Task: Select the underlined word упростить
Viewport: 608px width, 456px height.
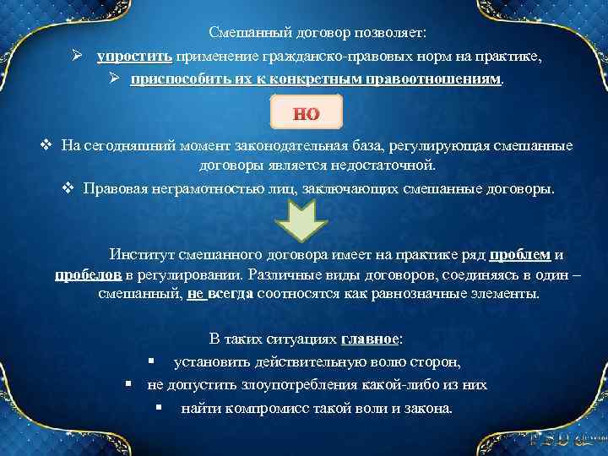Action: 134,57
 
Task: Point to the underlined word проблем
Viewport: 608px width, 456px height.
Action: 520,255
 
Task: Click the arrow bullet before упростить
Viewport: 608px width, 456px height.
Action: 77,57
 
